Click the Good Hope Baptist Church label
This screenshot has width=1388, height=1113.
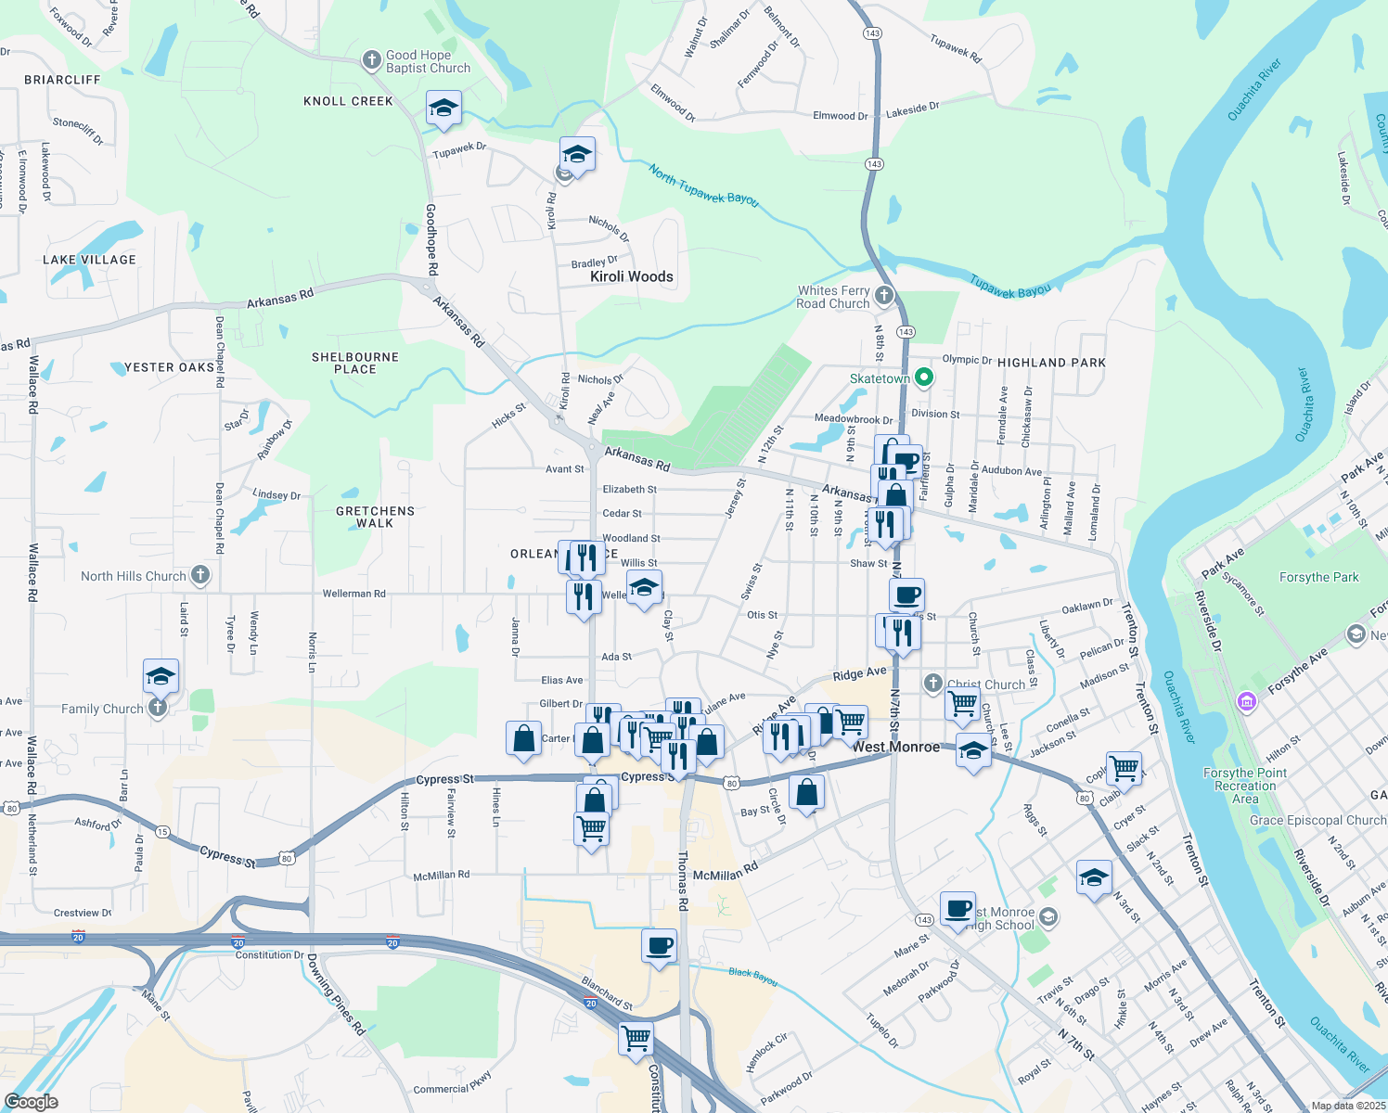coord(428,62)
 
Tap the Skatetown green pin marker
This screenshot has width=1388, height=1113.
coord(923,378)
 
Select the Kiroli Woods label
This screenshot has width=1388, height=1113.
coord(632,276)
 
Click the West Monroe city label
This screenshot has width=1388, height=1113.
coord(895,747)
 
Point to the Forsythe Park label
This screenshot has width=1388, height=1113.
coord(1318,577)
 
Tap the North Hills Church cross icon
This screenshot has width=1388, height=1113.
coord(200,575)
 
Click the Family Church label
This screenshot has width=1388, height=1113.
coord(102,709)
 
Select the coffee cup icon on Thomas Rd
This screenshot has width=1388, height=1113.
coord(659,947)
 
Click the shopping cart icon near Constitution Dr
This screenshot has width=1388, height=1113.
coord(636,1038)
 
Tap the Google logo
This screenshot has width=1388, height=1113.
coord(31,1102)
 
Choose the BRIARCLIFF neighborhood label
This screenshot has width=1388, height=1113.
coord(62,80)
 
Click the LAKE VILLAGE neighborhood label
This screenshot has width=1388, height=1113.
coord(89,260)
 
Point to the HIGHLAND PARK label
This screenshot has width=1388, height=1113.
coord(1051,363)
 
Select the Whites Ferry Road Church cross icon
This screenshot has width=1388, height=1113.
coord(884,296)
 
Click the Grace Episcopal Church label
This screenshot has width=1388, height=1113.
coord(1317,820)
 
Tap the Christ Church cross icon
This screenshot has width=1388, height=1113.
coord(933,684)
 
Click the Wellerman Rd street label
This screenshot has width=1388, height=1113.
coord(353,594)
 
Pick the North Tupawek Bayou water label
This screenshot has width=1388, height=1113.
coord(703,185)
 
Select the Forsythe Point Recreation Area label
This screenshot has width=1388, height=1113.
coord(1245,786)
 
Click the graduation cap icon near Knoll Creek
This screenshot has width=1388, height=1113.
coord(443,108)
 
